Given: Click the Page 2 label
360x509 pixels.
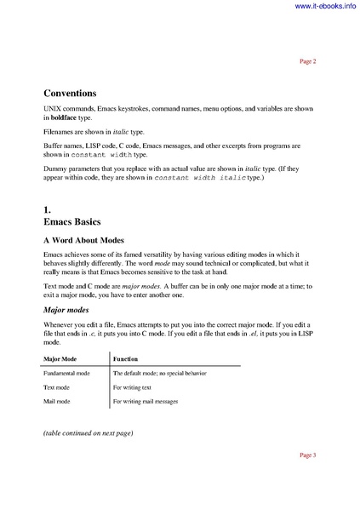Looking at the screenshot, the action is coord(308,61).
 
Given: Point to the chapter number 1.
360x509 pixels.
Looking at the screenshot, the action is coord(48,208).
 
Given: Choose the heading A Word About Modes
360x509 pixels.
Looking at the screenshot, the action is coord(94,241).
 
